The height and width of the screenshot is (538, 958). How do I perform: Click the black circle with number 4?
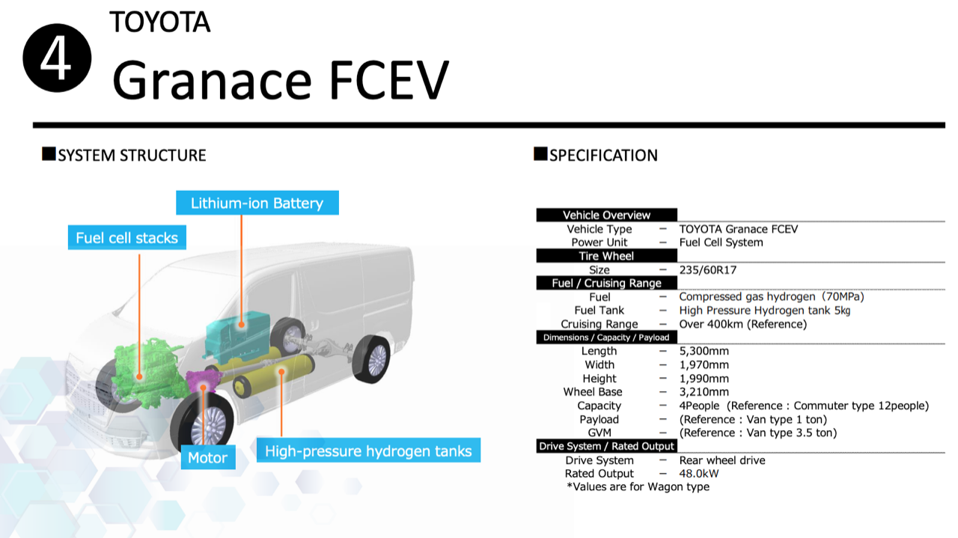(57, 58)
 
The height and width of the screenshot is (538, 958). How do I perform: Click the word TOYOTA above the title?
(160, 22)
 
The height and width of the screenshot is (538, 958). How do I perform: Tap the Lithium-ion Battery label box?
(257, 203)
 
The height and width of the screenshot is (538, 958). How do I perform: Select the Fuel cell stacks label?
(127, 237)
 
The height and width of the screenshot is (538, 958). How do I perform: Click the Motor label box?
(208, 457)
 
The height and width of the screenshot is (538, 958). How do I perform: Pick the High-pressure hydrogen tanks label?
(368, 450)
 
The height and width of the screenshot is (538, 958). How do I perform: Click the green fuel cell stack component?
(147, 373)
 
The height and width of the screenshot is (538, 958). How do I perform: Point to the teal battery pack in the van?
(237, 336)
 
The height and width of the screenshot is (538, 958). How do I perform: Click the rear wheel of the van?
(370, 359)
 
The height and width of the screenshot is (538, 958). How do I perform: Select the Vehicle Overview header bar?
(606, 215)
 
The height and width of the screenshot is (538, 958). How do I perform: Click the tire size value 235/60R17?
(708, 270)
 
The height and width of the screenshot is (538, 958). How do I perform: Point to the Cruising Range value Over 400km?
(743, 324)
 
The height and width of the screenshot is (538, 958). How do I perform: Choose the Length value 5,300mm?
(704, 351)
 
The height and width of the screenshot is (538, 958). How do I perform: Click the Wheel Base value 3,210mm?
(704, 391)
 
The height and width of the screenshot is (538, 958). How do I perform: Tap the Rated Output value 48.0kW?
(699, 474)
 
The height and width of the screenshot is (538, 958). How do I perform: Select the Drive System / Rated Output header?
(606, 446)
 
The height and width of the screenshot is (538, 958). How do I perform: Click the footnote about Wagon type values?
(638, 486)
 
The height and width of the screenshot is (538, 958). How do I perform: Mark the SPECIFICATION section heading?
(596, 155)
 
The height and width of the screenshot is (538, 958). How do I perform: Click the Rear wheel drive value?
(722, 460)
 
